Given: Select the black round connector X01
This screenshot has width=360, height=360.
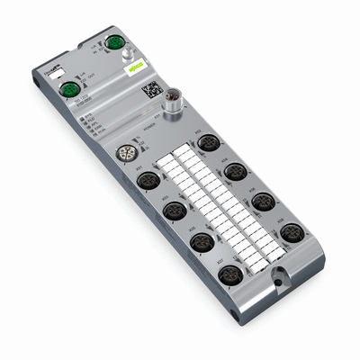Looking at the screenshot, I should pyautogui.click(x=144, y=181).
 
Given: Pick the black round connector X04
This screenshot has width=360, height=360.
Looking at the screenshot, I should pyautogui.click(x=236, y=171).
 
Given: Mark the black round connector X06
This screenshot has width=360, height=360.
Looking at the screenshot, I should pyautogui.click(x=262, y=202).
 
